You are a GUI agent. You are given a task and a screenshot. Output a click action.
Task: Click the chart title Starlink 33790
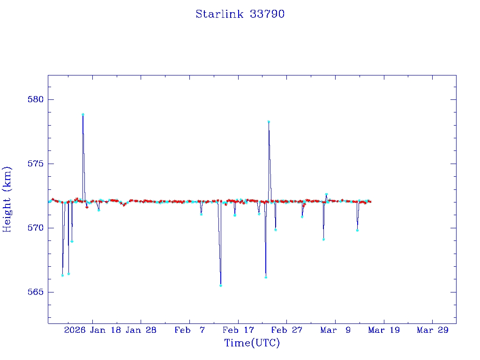tap(240, 14)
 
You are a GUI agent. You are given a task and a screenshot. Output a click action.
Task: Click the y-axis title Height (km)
tap(7, 199)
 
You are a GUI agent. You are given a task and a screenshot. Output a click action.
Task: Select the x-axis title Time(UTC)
tap(252, 343)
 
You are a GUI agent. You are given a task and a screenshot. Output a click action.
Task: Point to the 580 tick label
tap(35, 99)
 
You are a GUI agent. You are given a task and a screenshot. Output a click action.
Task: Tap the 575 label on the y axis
tap(35, 164)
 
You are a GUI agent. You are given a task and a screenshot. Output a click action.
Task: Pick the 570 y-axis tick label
tap(35, 228)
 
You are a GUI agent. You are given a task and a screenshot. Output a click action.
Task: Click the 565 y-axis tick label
tap(35, 292)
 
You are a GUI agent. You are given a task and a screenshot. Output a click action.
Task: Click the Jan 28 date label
tap(141, 330)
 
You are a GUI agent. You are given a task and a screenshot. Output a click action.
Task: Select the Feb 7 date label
tap(190, 330)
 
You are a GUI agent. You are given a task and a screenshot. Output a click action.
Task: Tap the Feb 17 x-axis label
tap(238, 330)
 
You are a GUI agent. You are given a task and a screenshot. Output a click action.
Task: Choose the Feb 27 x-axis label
tap(287, 330)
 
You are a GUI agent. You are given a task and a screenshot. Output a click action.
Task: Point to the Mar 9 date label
tap(335, 330)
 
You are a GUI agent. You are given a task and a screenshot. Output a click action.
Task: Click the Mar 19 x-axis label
tap(384, 330)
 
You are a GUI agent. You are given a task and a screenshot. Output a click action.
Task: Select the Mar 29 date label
tap(433, 330)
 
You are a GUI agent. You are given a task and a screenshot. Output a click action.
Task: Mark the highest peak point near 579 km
tap(83, 114)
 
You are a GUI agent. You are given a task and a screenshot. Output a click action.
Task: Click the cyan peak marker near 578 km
tap(269, 121)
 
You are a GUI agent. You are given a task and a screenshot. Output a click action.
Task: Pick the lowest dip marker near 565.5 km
tap(221, 285)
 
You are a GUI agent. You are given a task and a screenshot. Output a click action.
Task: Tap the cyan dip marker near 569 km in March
tap(323, 239)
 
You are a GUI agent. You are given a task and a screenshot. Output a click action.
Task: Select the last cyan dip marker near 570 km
tap(357, 230)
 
